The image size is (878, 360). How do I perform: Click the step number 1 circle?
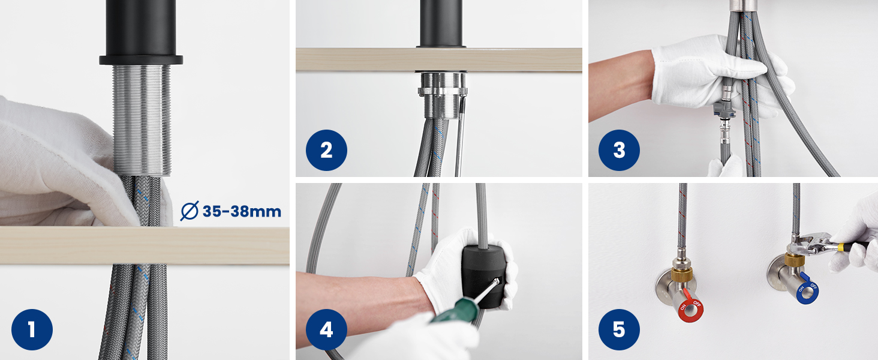pyautogui.click(x=32, y=329)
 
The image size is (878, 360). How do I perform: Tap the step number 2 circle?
pyautogui.click(x=326, y=150)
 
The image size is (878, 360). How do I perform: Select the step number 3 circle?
pyautogui.click(x=619, y=150)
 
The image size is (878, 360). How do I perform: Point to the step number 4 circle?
pyautogui.click(x=326, y=329)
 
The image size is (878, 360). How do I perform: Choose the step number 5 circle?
pyautogui.click(x=619, y=329)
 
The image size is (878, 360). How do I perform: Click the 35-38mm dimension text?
pyautogui.click(x=242, y=211)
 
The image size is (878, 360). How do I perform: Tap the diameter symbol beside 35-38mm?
pyautogui.click(x=190, y=211)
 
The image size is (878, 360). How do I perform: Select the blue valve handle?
pyautogui.click(x=807, y=290)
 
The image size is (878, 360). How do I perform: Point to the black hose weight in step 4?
pyautogui.click(x=483, y=277)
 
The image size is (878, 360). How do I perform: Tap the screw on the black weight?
pyautogui.click(x=497, y=281)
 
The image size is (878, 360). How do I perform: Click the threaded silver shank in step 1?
pyautogui.click(x=142, y=119)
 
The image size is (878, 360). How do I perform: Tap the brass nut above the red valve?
pyautogui.click(x=682, y=273)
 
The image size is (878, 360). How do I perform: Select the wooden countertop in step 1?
pyautogui.click(x=145, y=245)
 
